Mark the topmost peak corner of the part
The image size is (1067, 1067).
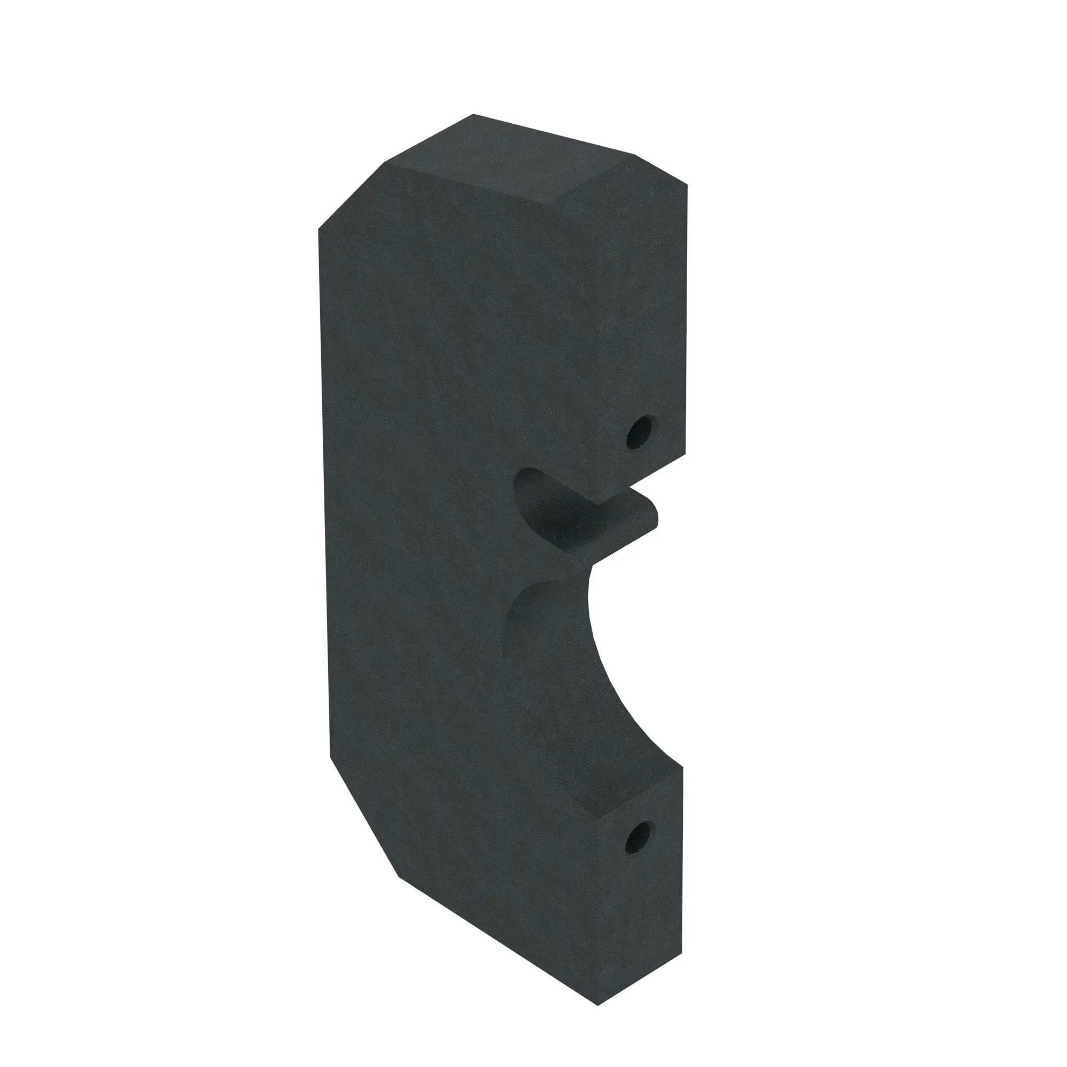pos(473,115)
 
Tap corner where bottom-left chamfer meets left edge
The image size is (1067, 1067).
pos(330,758)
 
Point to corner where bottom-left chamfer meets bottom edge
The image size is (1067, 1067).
pos(398,877)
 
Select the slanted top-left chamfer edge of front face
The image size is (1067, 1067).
pos(351,195)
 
